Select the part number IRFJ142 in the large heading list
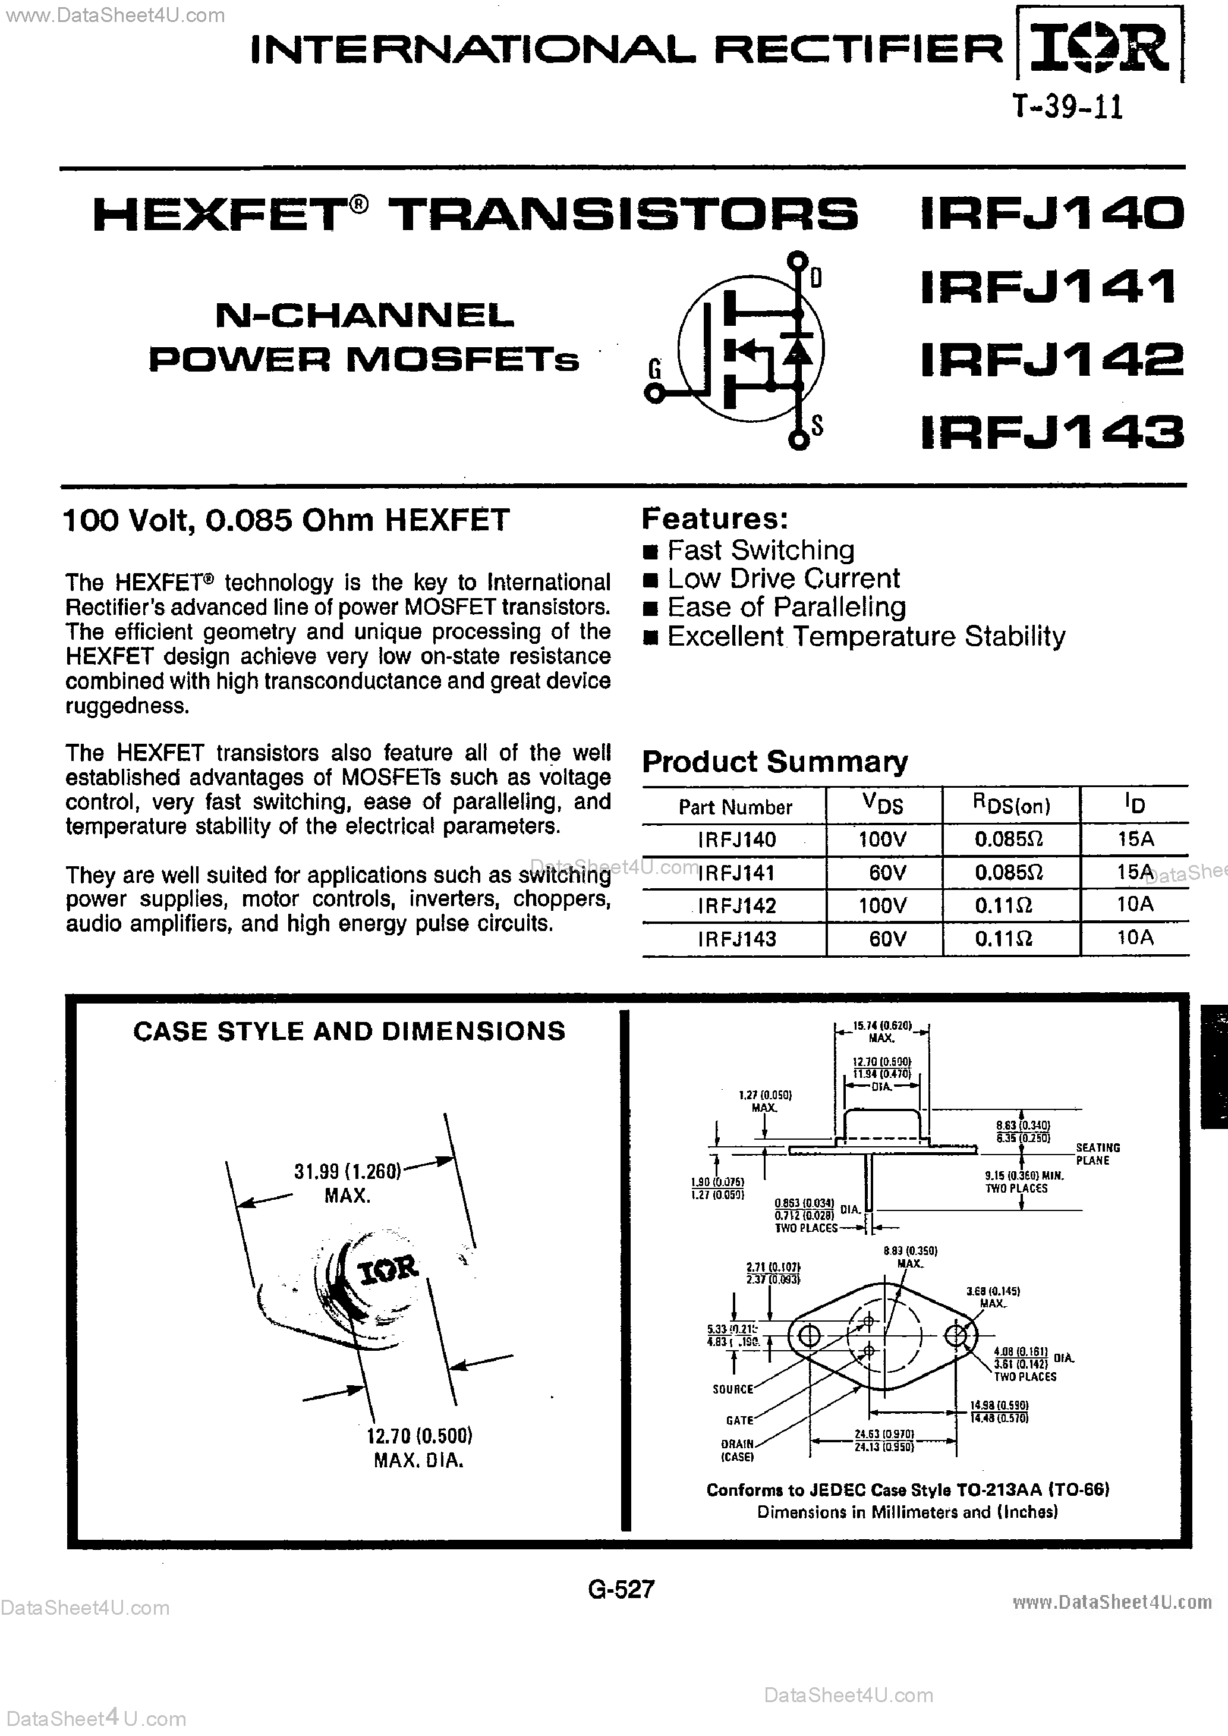tap(1051, 360)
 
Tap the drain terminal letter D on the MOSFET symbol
tap(816, 279)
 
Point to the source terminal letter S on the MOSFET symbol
tap(817, 426)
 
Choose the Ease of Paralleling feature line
tap(786, 607)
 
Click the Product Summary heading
tap(774, 762)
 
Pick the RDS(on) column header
tap(1011, 805)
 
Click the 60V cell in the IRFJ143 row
tap(887, 938)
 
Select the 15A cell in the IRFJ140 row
tap(1134, 838)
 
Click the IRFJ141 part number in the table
tap(736, 873)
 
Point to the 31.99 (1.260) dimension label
tap(347, 1171)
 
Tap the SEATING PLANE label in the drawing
tap(1097, 1154)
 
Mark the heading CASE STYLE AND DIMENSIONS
tap(348, 1031)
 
